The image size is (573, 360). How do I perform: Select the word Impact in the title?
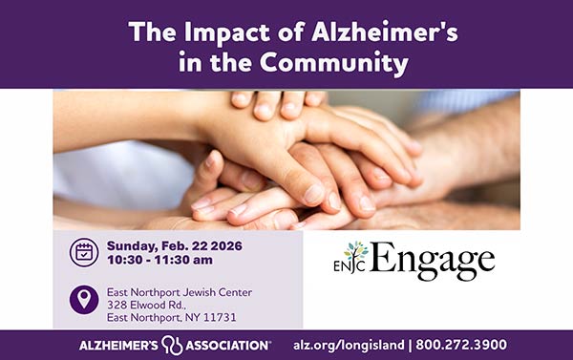pyautogui.click(x=213, y=32)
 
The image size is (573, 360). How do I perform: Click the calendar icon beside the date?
pyautogui.click(x=84, y=252)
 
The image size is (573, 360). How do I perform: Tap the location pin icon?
pyautogui.click(x=84, y=300)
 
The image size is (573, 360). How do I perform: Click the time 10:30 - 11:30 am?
pyautogui.click(x=160, y=260)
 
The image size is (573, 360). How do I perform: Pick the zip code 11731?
pyautogui.click(x=220, y=317)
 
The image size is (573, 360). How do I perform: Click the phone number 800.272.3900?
pyautogui.click(x=461, y=345)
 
